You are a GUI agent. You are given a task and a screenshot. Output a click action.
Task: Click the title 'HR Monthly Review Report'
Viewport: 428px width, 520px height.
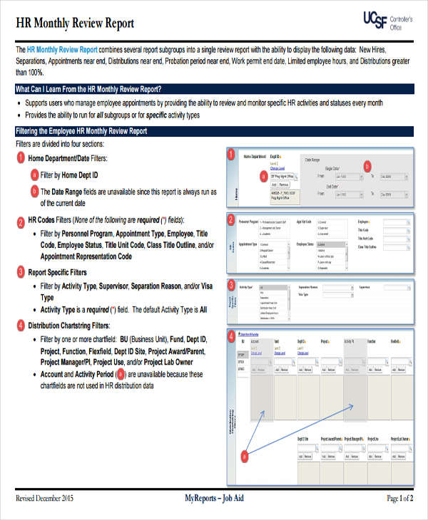click(75, 23)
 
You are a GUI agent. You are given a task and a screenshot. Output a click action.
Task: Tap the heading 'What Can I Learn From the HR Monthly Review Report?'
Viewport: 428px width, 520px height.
click(88, 89)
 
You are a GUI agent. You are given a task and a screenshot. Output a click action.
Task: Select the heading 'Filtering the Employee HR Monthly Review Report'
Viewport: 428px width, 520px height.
click(81, 131)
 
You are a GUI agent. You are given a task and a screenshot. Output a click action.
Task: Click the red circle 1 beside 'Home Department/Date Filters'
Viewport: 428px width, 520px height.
click(21, 157)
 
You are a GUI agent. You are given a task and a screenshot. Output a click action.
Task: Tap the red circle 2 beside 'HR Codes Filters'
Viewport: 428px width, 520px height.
click(21, 222)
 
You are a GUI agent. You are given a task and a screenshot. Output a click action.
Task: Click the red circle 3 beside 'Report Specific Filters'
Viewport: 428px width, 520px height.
click(21, 271)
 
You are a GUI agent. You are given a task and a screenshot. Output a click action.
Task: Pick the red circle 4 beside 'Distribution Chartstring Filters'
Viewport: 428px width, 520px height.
click(21, 325)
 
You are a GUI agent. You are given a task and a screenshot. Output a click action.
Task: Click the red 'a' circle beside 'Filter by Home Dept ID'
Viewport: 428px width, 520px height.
click(34, 175)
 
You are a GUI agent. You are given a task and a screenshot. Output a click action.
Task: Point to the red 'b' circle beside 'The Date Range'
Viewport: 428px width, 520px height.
click(34, 192)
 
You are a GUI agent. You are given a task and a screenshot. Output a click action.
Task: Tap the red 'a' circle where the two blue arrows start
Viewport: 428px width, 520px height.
click(244, 455)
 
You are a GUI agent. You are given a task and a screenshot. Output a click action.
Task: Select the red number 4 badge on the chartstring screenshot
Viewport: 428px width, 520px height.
click(230, 336)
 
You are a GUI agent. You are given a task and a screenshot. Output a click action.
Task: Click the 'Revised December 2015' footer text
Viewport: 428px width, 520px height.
click(44, 499)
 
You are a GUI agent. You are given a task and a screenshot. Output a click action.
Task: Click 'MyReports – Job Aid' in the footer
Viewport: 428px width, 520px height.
click(214, 499)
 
